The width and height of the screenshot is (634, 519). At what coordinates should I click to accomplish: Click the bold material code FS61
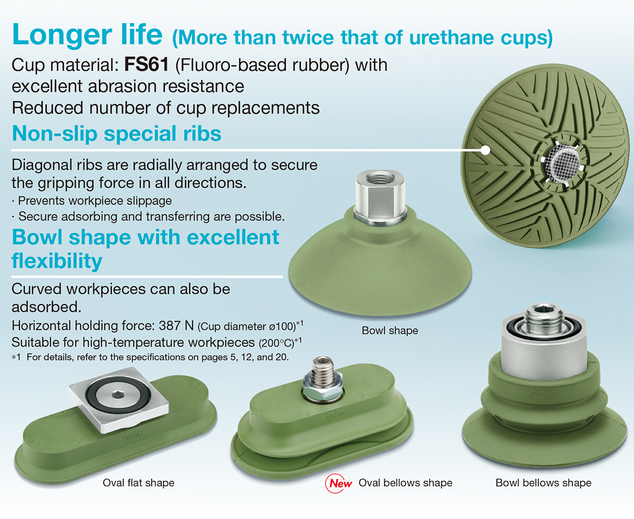point(146,65)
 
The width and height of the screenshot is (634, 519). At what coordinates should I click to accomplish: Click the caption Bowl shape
point(390,331)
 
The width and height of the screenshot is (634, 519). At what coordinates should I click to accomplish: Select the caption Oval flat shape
point(138,483)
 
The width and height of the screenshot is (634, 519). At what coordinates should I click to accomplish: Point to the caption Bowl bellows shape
point(544,483)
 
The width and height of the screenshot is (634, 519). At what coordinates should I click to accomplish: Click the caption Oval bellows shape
point(406,483)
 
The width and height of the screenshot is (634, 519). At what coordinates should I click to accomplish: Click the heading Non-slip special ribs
point(116,134)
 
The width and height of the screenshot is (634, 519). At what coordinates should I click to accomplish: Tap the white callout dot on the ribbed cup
point(485,150)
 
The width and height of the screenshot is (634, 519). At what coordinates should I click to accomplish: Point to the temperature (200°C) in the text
point(276,343)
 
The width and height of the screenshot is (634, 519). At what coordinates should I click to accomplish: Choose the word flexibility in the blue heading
point(57,261)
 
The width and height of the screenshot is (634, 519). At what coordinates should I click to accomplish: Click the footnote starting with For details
point(158,357)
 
